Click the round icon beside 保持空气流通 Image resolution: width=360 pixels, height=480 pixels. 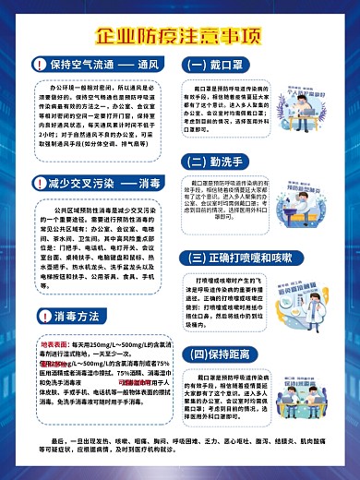pyautogui.click(x=37, y=66)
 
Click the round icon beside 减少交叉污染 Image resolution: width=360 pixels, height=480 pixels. pyautogui.click(x=37, y=184)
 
